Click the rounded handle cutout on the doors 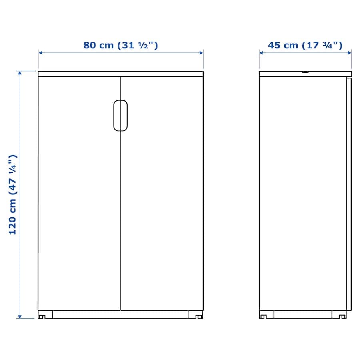coord(120,116)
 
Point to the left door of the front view coord(79,193)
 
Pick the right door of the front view coord(162,193)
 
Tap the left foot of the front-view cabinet coord(42,317)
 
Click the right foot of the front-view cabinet coord(199,317)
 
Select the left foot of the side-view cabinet coord(263,317)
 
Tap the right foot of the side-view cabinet coord(342,317)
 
